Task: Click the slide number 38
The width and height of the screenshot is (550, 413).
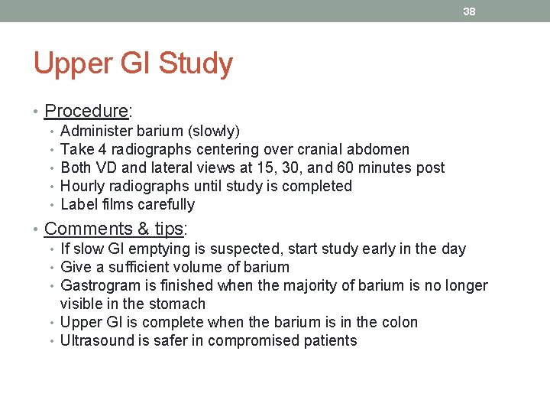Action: (469, 11)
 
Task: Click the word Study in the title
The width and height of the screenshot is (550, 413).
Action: (196, 64)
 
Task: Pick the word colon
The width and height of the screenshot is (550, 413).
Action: (400, 322)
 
